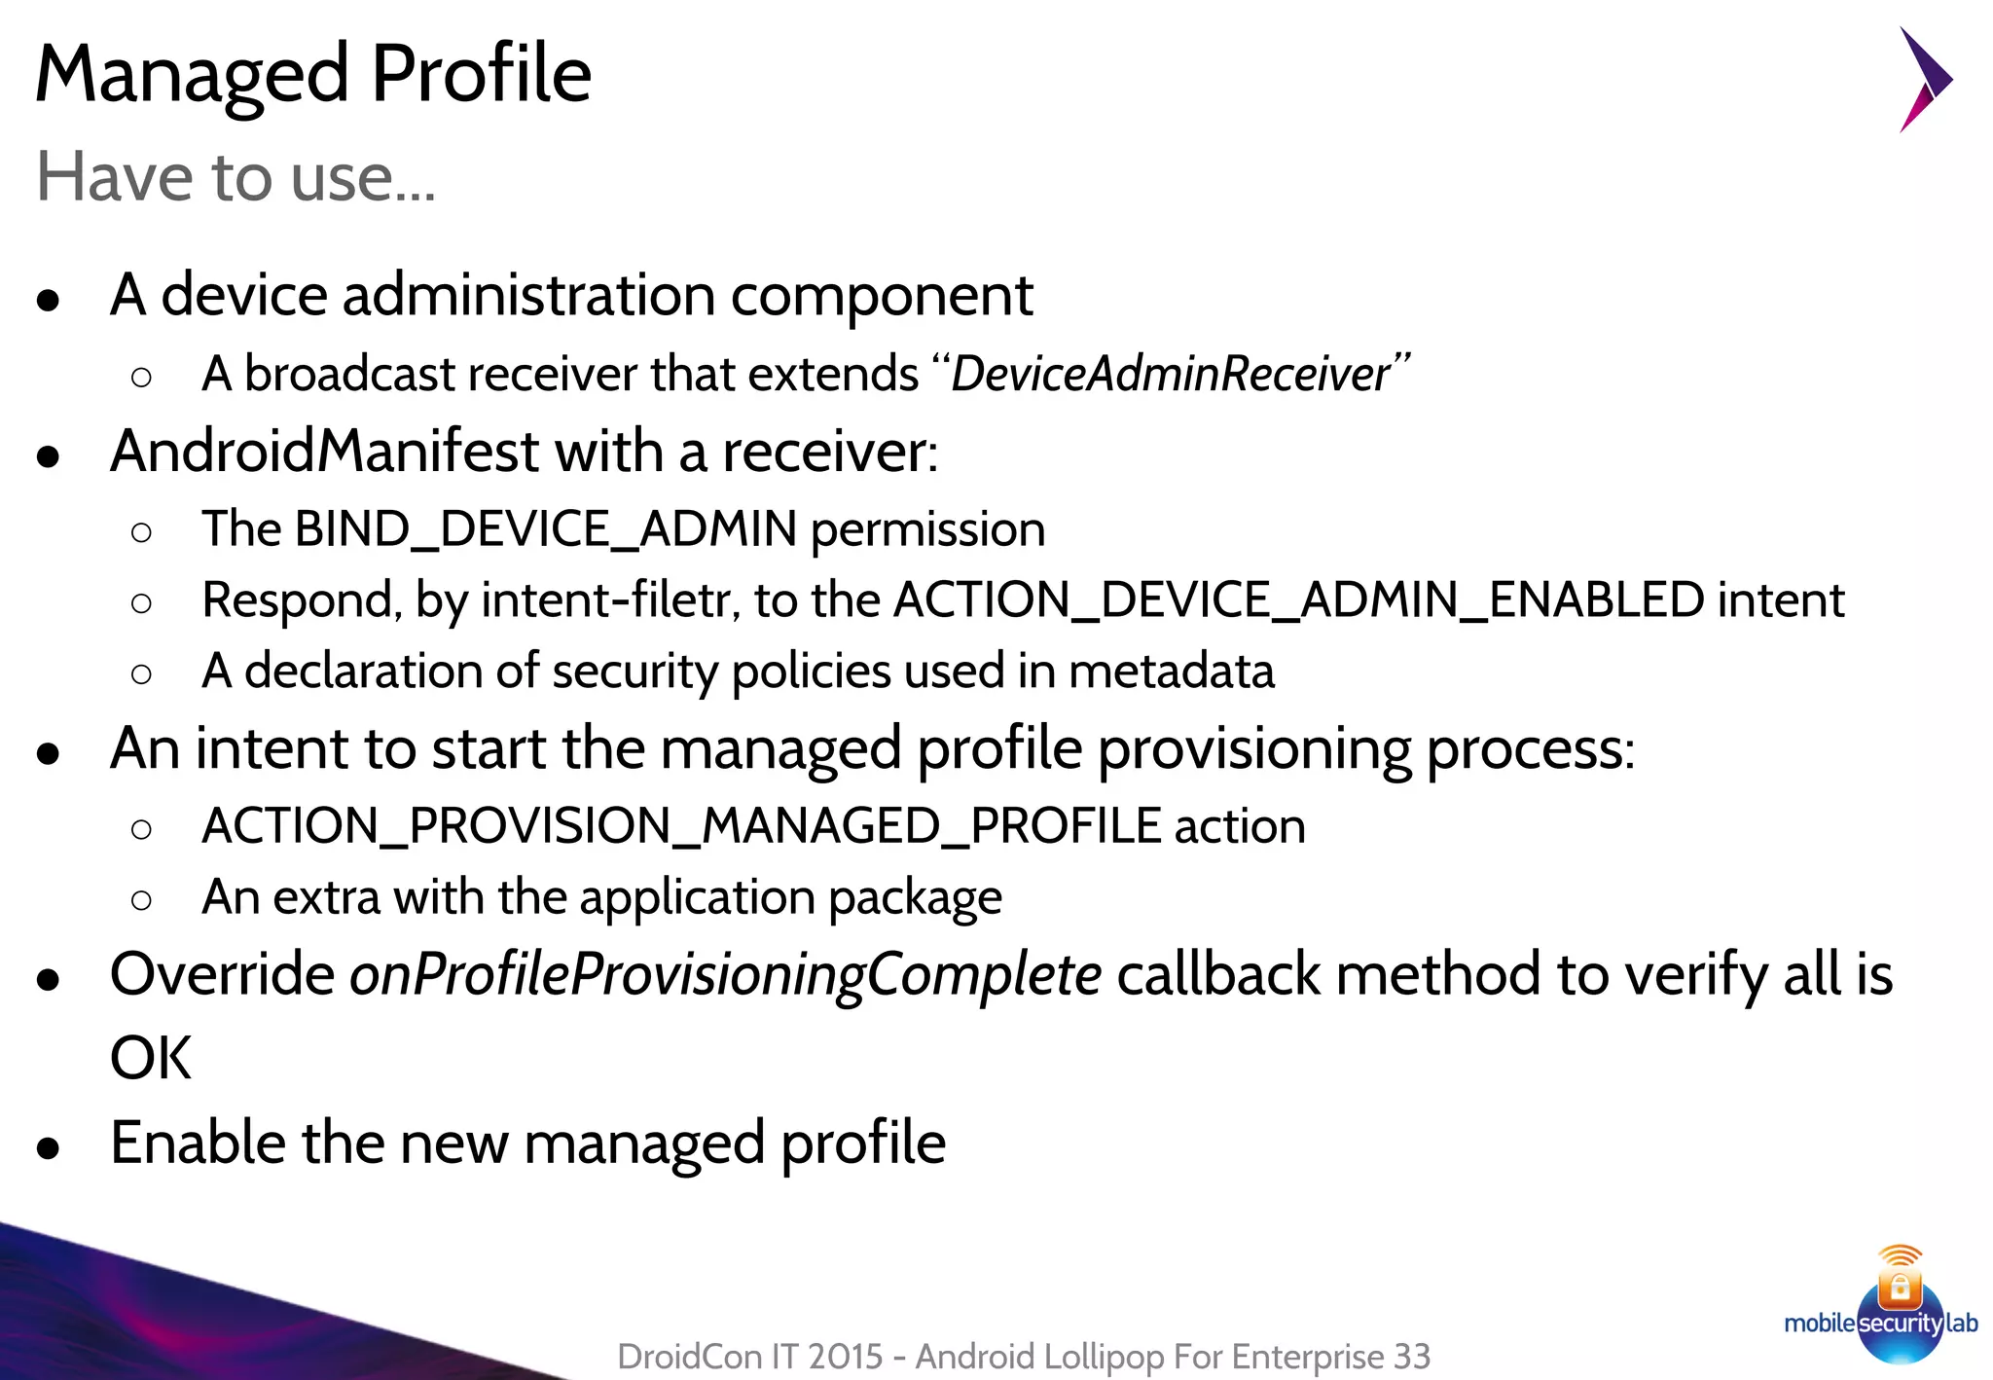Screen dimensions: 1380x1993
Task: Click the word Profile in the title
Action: click(481, 74)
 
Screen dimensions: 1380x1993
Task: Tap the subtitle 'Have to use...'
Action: click(236, 177)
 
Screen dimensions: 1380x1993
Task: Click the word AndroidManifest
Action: click(324, 452)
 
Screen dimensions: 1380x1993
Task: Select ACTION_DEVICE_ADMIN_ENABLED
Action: click(1298, 600)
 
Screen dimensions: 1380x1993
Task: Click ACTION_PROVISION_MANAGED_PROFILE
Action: click(681, 826)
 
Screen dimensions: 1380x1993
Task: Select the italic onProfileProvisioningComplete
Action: click(725, 974)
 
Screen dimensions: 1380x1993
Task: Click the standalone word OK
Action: click(151, 1058)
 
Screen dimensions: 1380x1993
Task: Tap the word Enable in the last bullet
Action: click(198, 1143)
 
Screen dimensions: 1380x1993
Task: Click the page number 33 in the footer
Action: click(1412, 1356)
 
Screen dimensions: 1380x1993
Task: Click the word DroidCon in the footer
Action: click(688, 1356)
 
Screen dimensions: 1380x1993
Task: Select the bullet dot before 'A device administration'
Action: click(48, 300)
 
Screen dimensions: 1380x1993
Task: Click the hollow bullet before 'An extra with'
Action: click(141, 900)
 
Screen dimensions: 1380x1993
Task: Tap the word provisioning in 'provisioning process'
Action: click(1254, 749)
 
